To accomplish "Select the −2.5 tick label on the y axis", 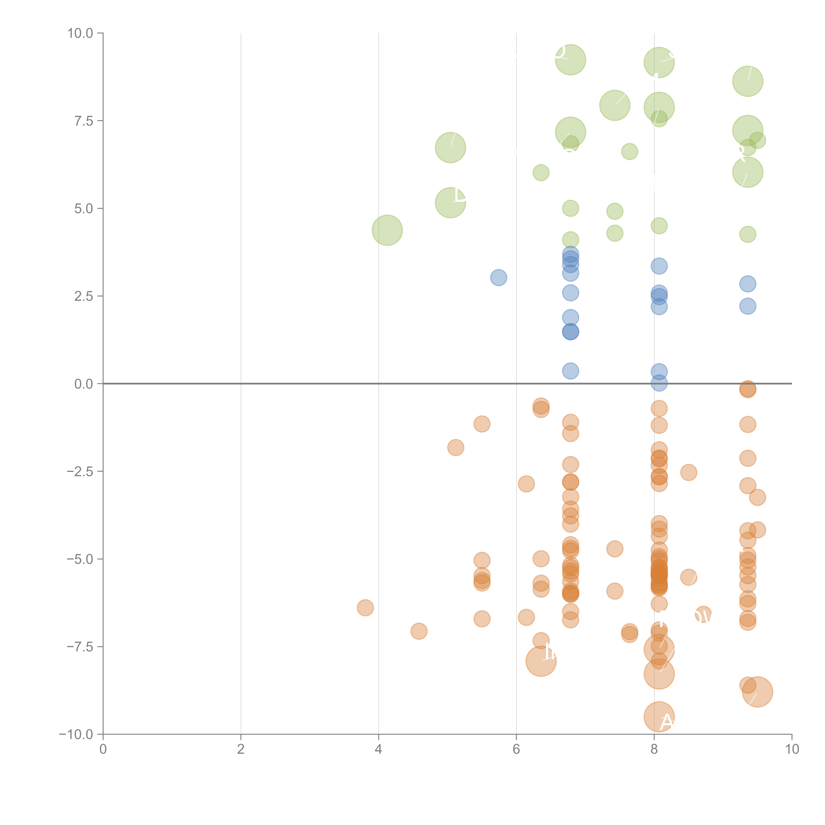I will click(80, 471).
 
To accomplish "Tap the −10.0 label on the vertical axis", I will click(76, 734).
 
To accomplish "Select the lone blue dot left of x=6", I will click(498, 278).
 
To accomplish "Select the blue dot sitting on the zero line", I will click(659, 383).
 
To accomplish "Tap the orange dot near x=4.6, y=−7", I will click(419, 631).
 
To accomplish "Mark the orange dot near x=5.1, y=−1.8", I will click(456, 447).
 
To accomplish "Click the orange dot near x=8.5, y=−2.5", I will click(688, 472).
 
